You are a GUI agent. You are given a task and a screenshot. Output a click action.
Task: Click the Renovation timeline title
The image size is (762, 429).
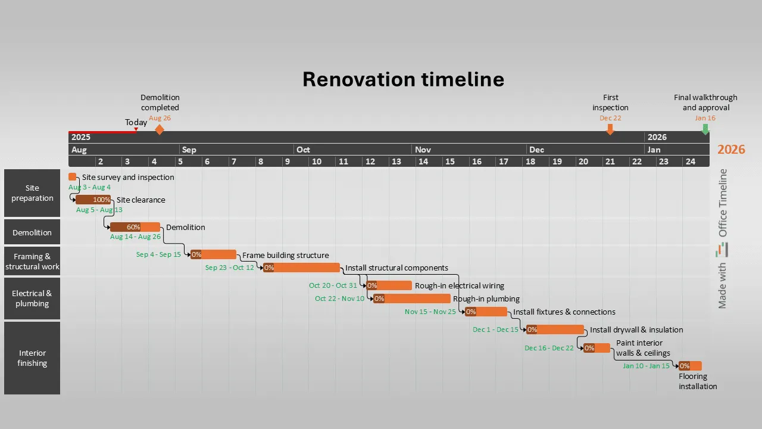point(403,79)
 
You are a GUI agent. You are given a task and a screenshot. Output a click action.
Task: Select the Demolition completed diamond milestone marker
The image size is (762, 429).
point(160,129)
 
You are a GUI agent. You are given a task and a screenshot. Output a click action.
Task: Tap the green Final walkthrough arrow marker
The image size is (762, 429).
point(705,129)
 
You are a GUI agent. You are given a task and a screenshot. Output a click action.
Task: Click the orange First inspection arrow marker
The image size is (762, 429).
point(610,129)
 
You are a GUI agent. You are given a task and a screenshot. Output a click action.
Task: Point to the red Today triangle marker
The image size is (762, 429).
point(136,129)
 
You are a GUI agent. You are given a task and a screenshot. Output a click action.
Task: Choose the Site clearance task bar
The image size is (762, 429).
point(93,200)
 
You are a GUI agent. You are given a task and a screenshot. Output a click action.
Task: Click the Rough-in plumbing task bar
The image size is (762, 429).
point(412,299)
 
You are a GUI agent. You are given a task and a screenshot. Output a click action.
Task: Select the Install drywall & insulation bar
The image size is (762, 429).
point(555,329)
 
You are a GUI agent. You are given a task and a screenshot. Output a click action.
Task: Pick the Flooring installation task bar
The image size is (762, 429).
point(691,366)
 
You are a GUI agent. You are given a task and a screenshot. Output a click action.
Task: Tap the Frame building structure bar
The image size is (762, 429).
point(214,254)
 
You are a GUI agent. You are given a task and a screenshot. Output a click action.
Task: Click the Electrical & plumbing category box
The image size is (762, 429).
point(32,299)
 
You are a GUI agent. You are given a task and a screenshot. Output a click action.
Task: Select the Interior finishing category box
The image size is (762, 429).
point(32,358)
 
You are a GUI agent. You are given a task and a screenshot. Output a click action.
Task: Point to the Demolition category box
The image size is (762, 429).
point(32,232)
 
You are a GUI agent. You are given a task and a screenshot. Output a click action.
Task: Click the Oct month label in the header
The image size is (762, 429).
point(304,150)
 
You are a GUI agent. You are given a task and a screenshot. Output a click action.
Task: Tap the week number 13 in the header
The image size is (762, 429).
point(396,161)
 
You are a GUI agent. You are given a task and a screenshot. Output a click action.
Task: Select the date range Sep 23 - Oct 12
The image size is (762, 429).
point(230,268)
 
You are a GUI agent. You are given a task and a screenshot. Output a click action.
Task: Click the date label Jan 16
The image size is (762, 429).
point(705,118)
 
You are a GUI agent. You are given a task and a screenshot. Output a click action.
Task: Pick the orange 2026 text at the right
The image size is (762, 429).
point(731,150)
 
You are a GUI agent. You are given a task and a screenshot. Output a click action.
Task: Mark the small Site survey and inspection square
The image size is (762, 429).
point(73,177)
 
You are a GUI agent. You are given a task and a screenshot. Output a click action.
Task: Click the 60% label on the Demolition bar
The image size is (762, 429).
point(133,227)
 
